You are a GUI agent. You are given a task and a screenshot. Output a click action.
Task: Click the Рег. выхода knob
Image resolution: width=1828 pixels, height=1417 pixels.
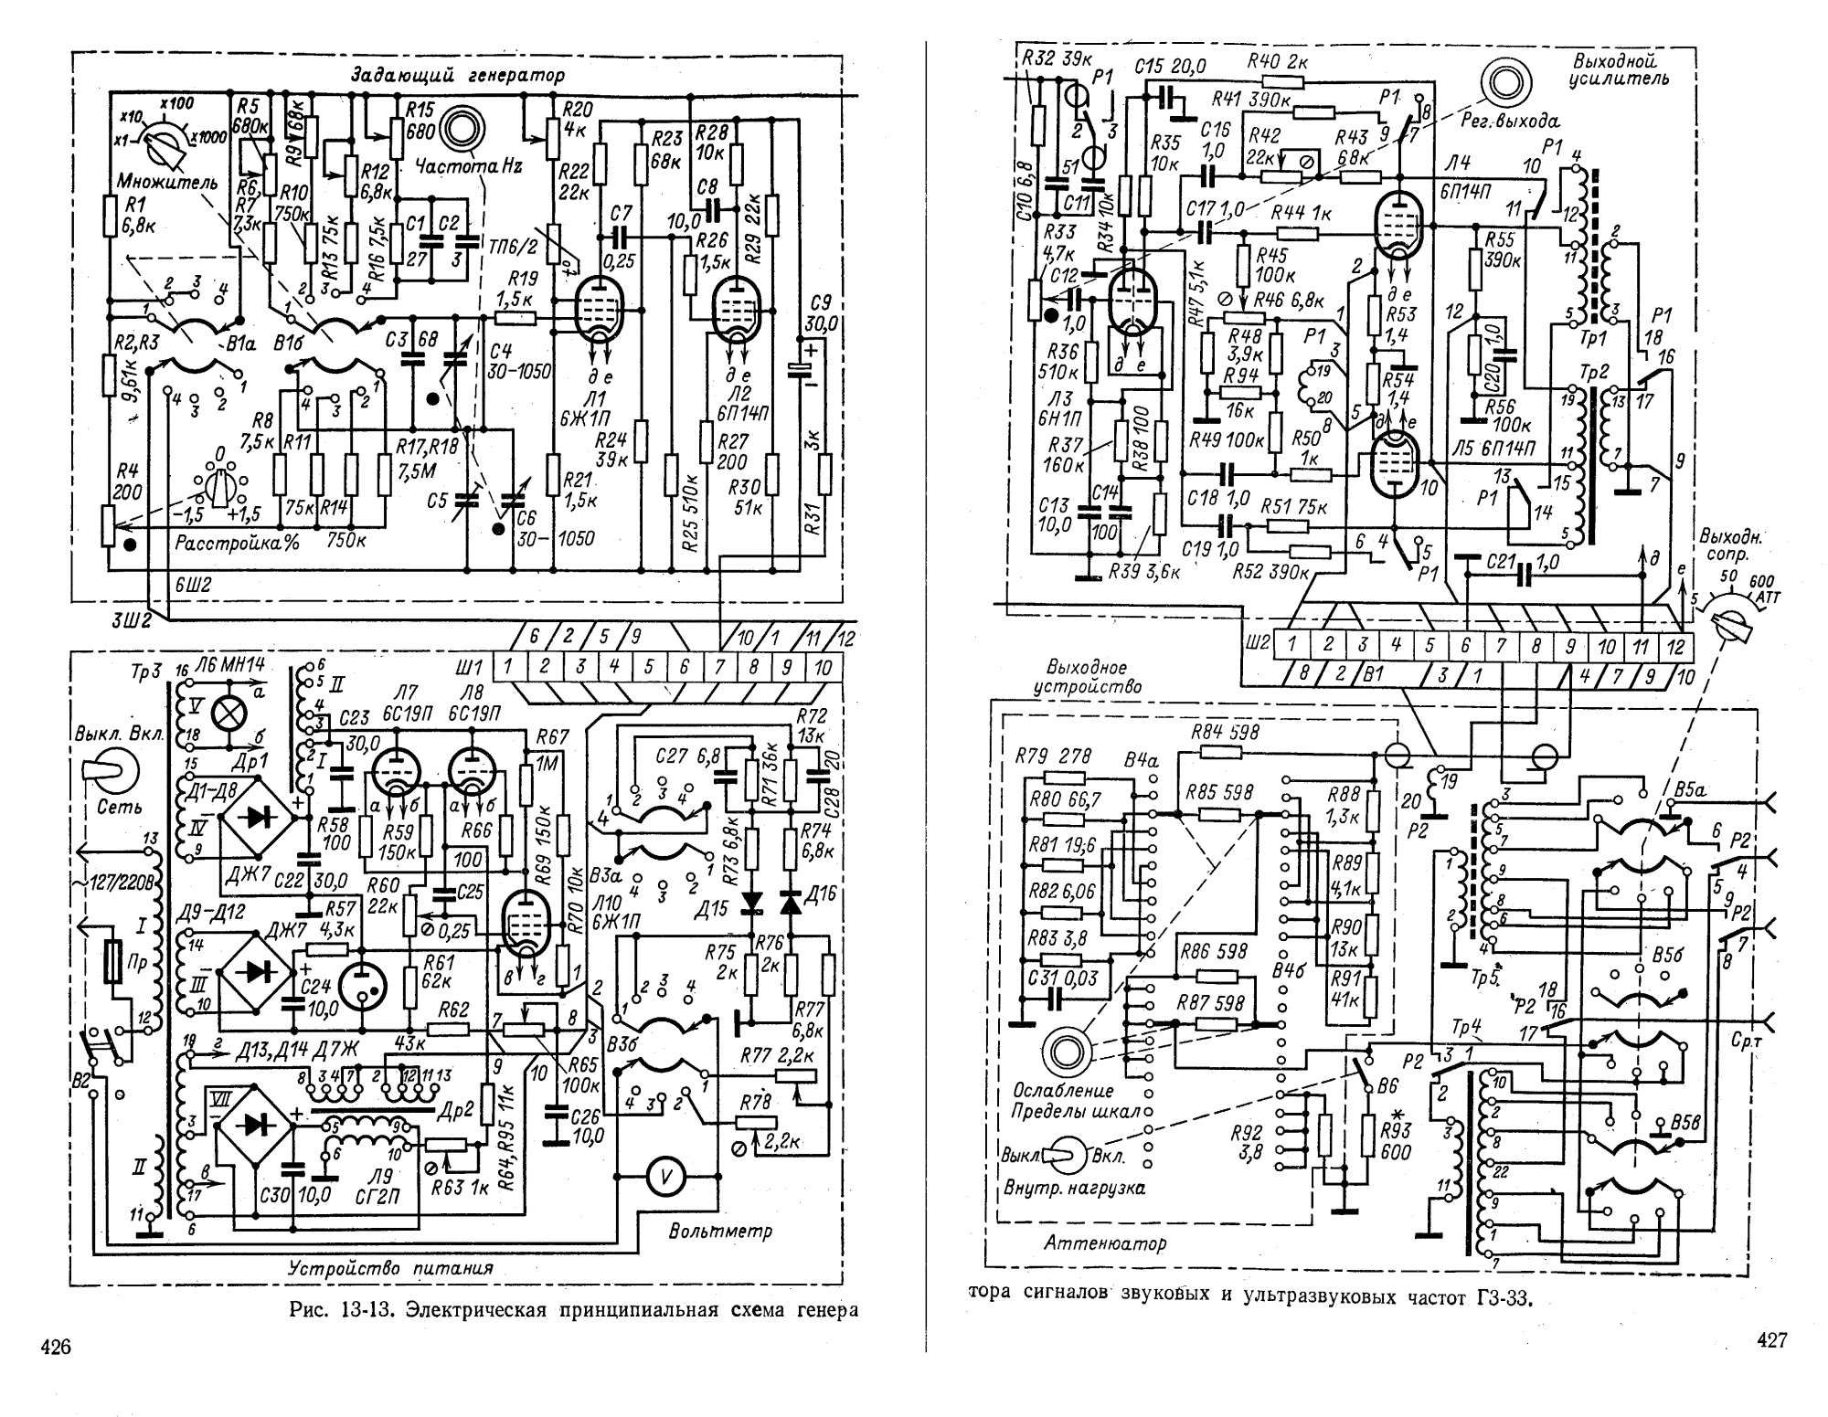1502,83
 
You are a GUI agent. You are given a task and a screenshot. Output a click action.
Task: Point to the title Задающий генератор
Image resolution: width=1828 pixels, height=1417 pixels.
457,75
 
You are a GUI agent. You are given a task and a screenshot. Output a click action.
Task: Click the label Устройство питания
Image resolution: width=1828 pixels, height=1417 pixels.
390,1268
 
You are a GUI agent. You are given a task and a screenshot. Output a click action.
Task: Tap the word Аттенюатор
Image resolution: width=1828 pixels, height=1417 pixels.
1105,1243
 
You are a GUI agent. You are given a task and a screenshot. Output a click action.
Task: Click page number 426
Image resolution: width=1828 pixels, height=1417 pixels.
56,1346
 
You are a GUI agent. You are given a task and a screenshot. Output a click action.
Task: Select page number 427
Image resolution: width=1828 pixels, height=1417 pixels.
1770,1339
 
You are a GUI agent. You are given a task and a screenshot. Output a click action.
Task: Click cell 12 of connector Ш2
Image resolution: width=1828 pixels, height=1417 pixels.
1674,645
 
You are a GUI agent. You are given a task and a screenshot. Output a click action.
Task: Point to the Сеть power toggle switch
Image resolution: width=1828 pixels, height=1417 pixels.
109,773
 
